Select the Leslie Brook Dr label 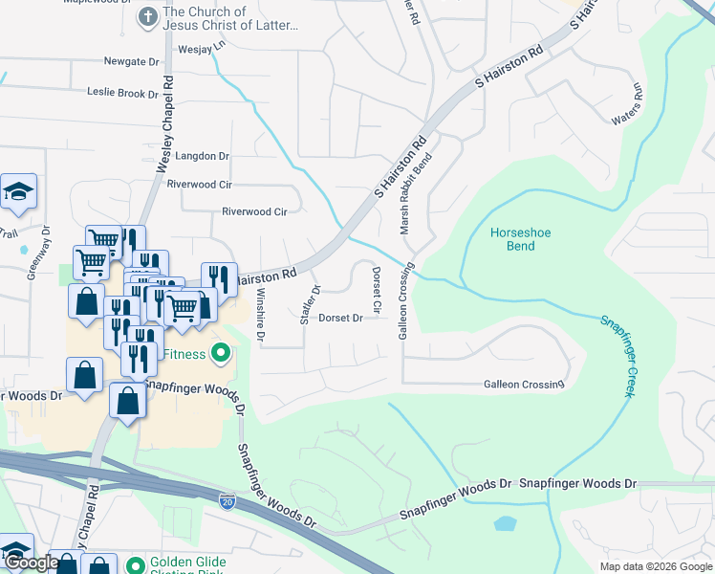click(x=122, y=93)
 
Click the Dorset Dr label click(x=340, y=318)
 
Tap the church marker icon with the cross click(x=147, y=16)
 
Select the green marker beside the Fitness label click(x=222, y=355)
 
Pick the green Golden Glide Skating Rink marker click(x=134, y=564)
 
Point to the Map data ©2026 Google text click(x=656, y=566)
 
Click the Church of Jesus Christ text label click(x=230, y=19)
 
